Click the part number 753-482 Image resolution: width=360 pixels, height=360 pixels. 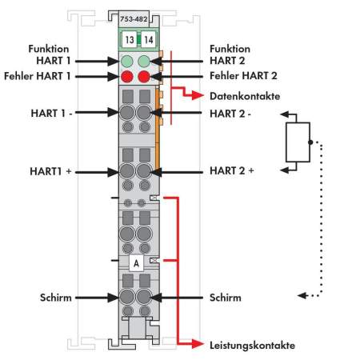(x=134, y=19)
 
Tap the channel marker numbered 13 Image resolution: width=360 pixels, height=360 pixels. (x=130, y=40)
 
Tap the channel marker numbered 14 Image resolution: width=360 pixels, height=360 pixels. (x=148, y=40)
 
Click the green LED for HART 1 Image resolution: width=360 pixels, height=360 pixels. (x=127, y=61)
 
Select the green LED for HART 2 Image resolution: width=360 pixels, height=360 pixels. (x=144, y=61)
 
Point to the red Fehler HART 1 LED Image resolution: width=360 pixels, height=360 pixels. (x=127, y=77)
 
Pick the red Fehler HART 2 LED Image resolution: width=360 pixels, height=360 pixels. (x=144, y=77)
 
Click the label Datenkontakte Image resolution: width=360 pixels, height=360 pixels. (x=245, y=96)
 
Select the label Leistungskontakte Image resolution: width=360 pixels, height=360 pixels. (x=252, y=346)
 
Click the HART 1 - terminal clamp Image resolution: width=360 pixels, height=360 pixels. (x=127, y=113)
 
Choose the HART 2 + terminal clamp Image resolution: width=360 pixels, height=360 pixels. (x=144, y=171)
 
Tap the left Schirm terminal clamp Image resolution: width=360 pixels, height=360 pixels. (x=127, y=297)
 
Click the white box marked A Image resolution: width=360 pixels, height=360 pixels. (x=136, y=263)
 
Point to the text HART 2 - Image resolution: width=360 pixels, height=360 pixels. (x=230, y=114)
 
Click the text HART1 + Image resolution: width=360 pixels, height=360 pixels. (x=50, y=171)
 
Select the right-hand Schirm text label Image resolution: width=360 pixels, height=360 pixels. (x=226, y=298)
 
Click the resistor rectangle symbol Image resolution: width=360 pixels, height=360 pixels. (x=298, y=142)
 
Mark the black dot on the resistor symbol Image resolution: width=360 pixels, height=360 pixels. (x=310, y=142)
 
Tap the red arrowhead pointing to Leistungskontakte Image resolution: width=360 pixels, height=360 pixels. (x=198, y=344)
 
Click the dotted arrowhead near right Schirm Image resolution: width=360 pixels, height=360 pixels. (x=302, y=295)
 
